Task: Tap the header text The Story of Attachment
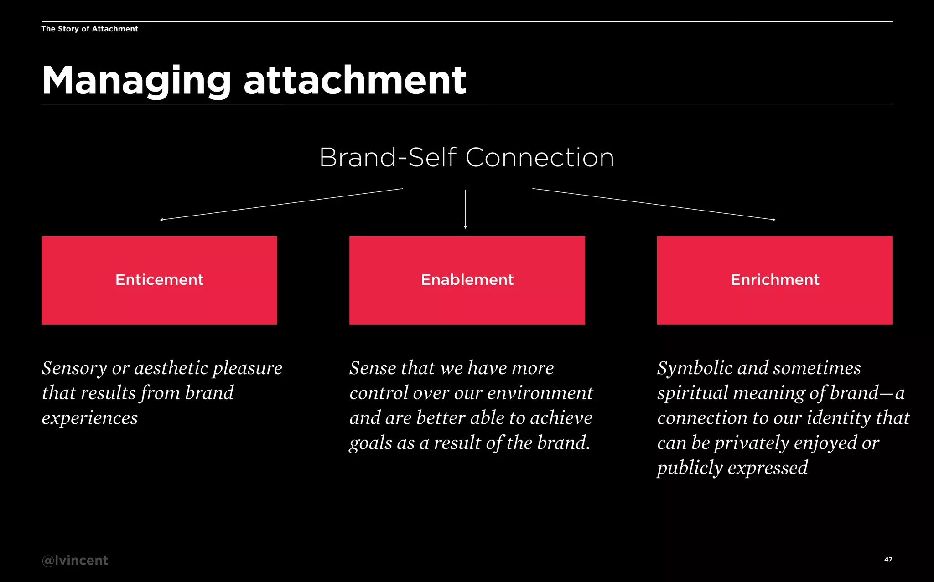point(89,29)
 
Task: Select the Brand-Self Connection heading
point(467,158)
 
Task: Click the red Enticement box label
point(159,279)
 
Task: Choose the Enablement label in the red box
point(467,279)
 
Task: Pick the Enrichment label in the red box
point(775,279)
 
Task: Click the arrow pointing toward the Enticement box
point(281,204)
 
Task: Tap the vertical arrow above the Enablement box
point(465,209)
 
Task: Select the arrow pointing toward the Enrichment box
point(654,204)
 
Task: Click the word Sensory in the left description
point(74,368)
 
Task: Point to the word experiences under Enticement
point(89,418)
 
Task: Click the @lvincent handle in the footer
point(75,560)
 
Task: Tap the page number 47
point(888,559)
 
